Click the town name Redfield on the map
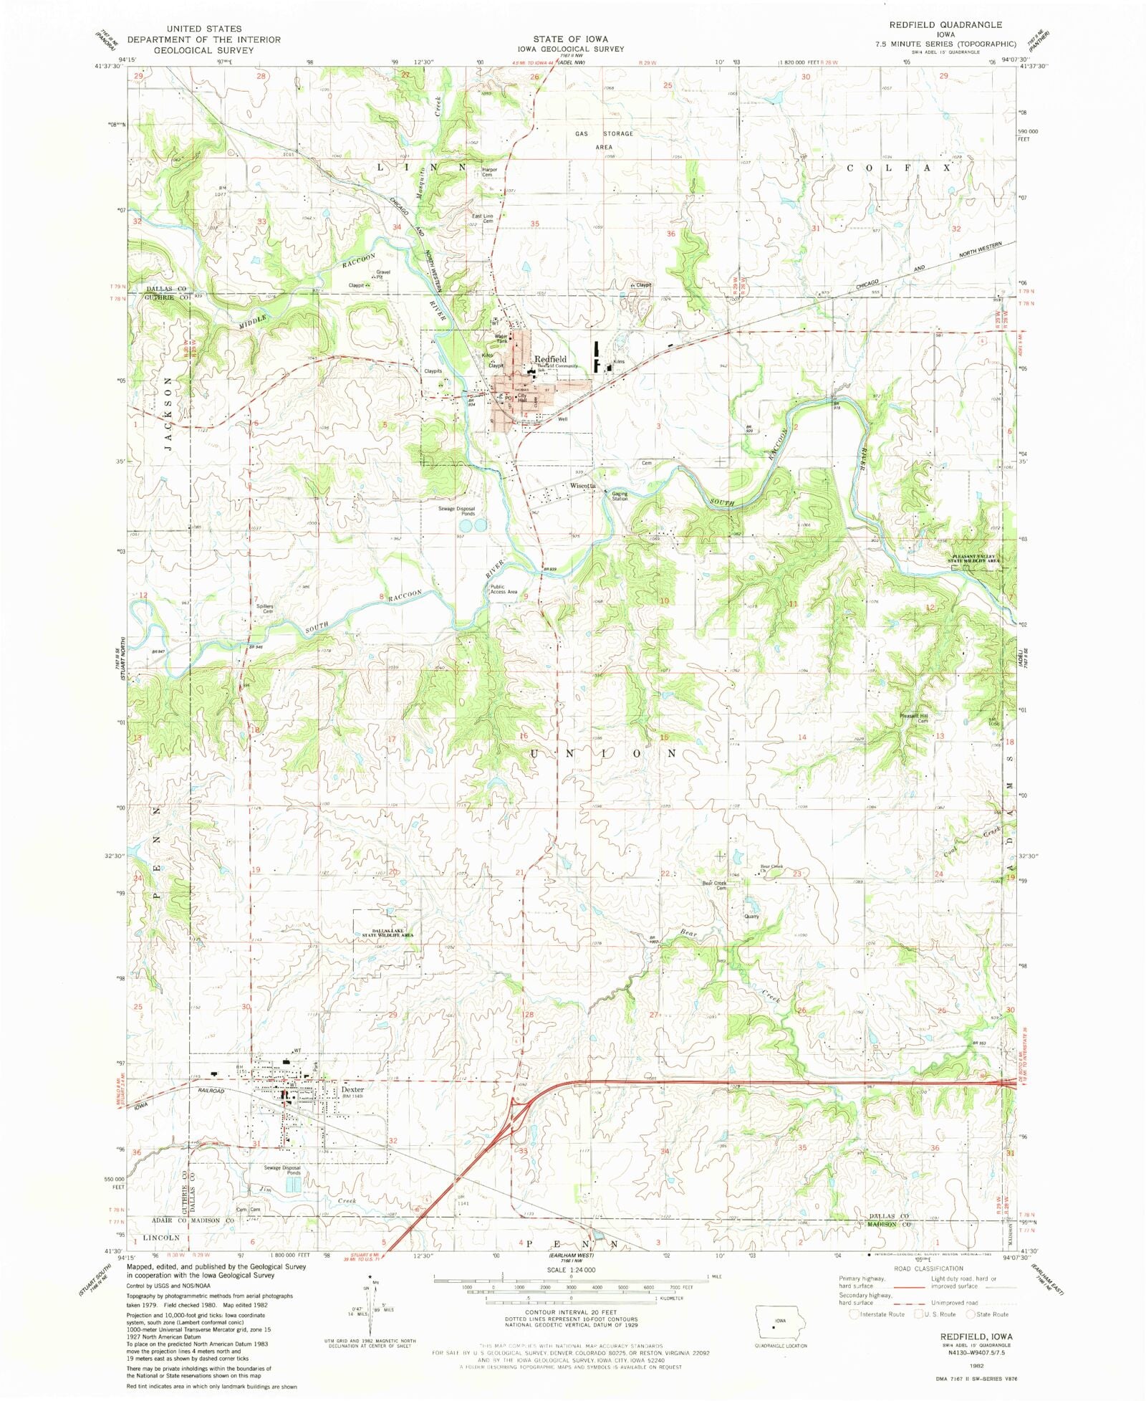click(550, 359)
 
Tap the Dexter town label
click(352, 1089)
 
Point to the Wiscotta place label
click(582, 486)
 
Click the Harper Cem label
click(489, 172)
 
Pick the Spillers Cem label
click(265, 608)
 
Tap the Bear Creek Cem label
click(714, 885)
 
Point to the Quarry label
click(751, 917)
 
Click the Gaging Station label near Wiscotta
click(620, 496)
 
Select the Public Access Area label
click(504, 589)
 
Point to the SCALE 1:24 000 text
click(571, 1269)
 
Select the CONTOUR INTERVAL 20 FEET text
click(571, 1312)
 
